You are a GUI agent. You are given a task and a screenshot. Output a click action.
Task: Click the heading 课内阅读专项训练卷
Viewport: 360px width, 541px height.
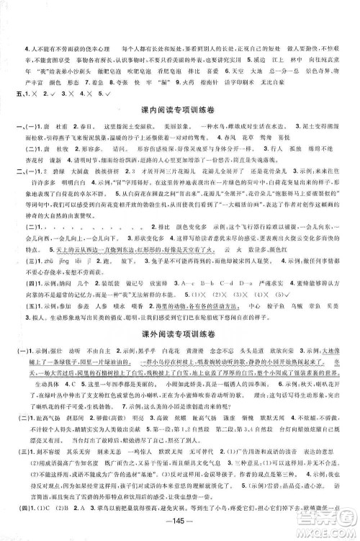[179, 109]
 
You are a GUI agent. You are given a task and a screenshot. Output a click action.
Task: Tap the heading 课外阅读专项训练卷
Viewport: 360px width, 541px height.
[179, 331]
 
